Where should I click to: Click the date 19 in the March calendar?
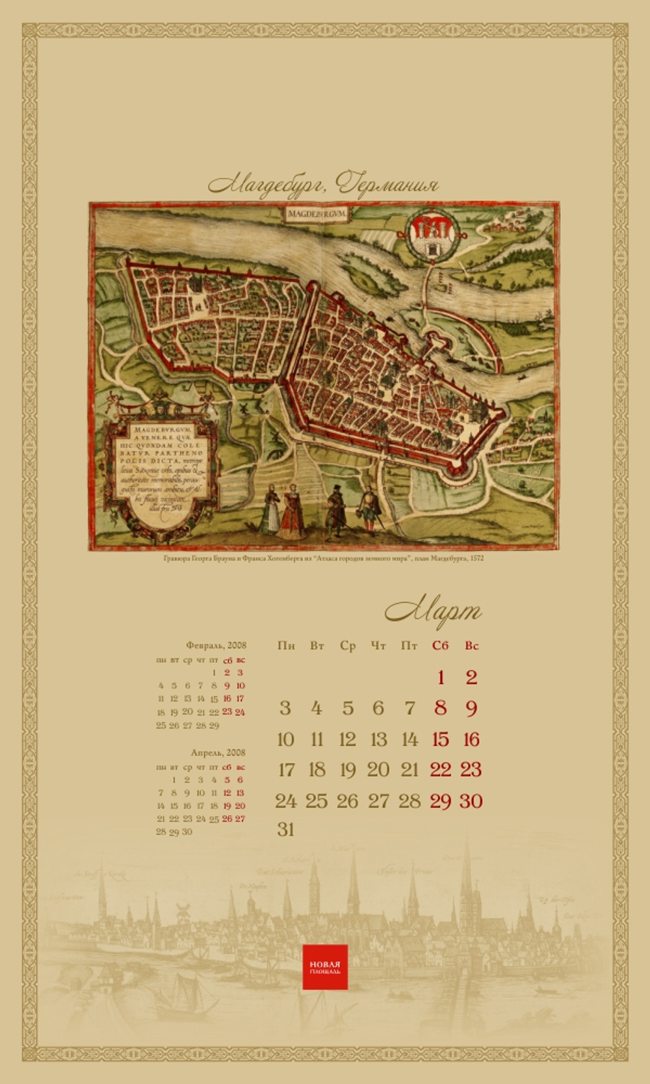(347, 770)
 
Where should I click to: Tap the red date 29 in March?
(440, 801)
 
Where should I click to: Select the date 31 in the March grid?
(285, 829)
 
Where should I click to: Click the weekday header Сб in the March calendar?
(440, 646)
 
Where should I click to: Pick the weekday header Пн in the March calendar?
(286, 646)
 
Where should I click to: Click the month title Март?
(433, 611)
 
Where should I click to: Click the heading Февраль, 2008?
(216, 646)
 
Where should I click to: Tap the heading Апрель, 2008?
(218, 752)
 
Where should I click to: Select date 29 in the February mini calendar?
(214, 725)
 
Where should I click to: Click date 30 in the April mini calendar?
(187, 832)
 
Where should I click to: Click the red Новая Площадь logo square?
(324, 967)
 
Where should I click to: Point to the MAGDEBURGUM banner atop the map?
(317, 214)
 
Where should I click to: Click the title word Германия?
(388, 185)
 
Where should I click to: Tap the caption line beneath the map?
(323, 558)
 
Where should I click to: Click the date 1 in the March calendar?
(441, 678)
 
